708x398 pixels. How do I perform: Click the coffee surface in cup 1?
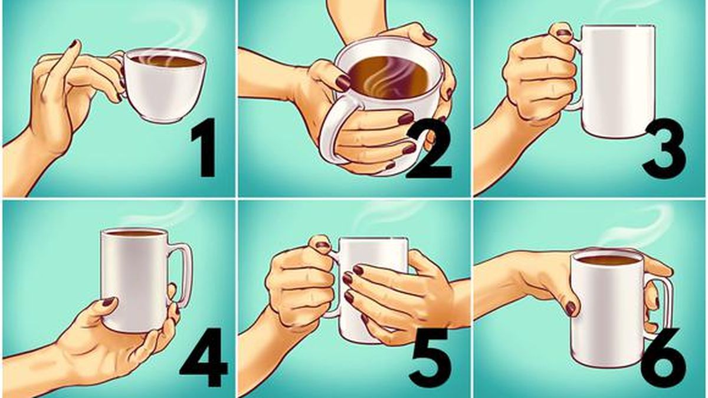click(x=165, y=61)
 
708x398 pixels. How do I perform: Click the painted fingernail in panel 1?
click(x=74, y=44)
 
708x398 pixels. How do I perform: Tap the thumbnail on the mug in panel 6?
click(x=571, y=308)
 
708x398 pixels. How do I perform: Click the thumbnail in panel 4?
click(x=108, y=301)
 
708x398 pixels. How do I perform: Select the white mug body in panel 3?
click(x=617, y=83)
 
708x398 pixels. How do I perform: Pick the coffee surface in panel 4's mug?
click(x=135, y=233)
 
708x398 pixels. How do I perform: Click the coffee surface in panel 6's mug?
click(x=607, y=259)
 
